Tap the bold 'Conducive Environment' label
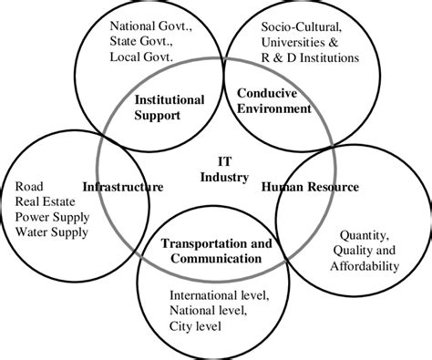273,100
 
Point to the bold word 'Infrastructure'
123,187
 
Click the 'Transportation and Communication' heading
218,251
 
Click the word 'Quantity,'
365,234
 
